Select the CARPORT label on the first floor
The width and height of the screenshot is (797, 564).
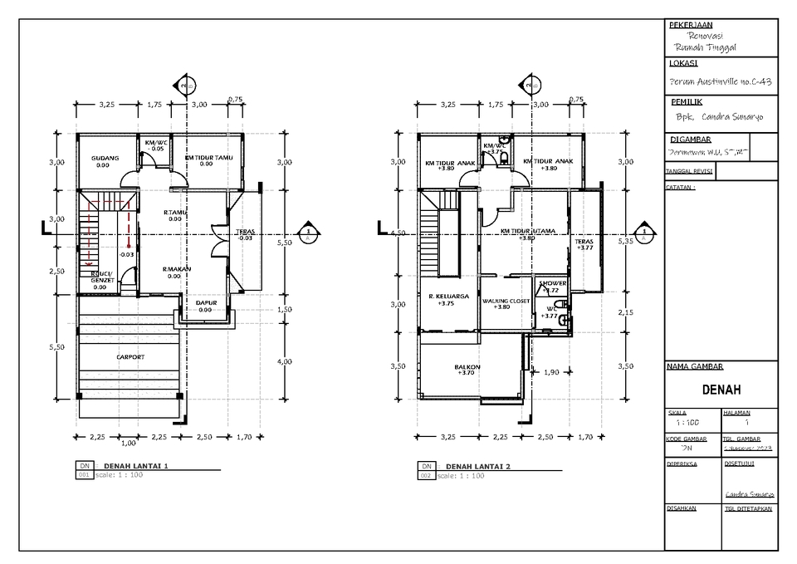pos(130,357)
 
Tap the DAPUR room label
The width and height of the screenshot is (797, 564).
pos(206,303)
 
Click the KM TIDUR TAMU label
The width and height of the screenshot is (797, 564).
pos(208,157)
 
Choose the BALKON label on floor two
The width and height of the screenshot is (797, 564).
pos(467,366)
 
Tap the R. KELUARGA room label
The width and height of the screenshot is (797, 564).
pos(449,296)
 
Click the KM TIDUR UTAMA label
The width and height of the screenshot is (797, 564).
pos(527,231)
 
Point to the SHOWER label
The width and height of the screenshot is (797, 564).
pos(552,283)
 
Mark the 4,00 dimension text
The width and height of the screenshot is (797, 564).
pos(284,361)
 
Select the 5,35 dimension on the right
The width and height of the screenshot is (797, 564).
pos(625,241)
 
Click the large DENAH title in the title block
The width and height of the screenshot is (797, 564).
pos(721,390)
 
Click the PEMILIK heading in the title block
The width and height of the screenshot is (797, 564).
pos(688,101)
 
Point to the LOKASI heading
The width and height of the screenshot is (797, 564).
pos(683,63)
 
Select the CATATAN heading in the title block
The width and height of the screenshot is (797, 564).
pos(681,188)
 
